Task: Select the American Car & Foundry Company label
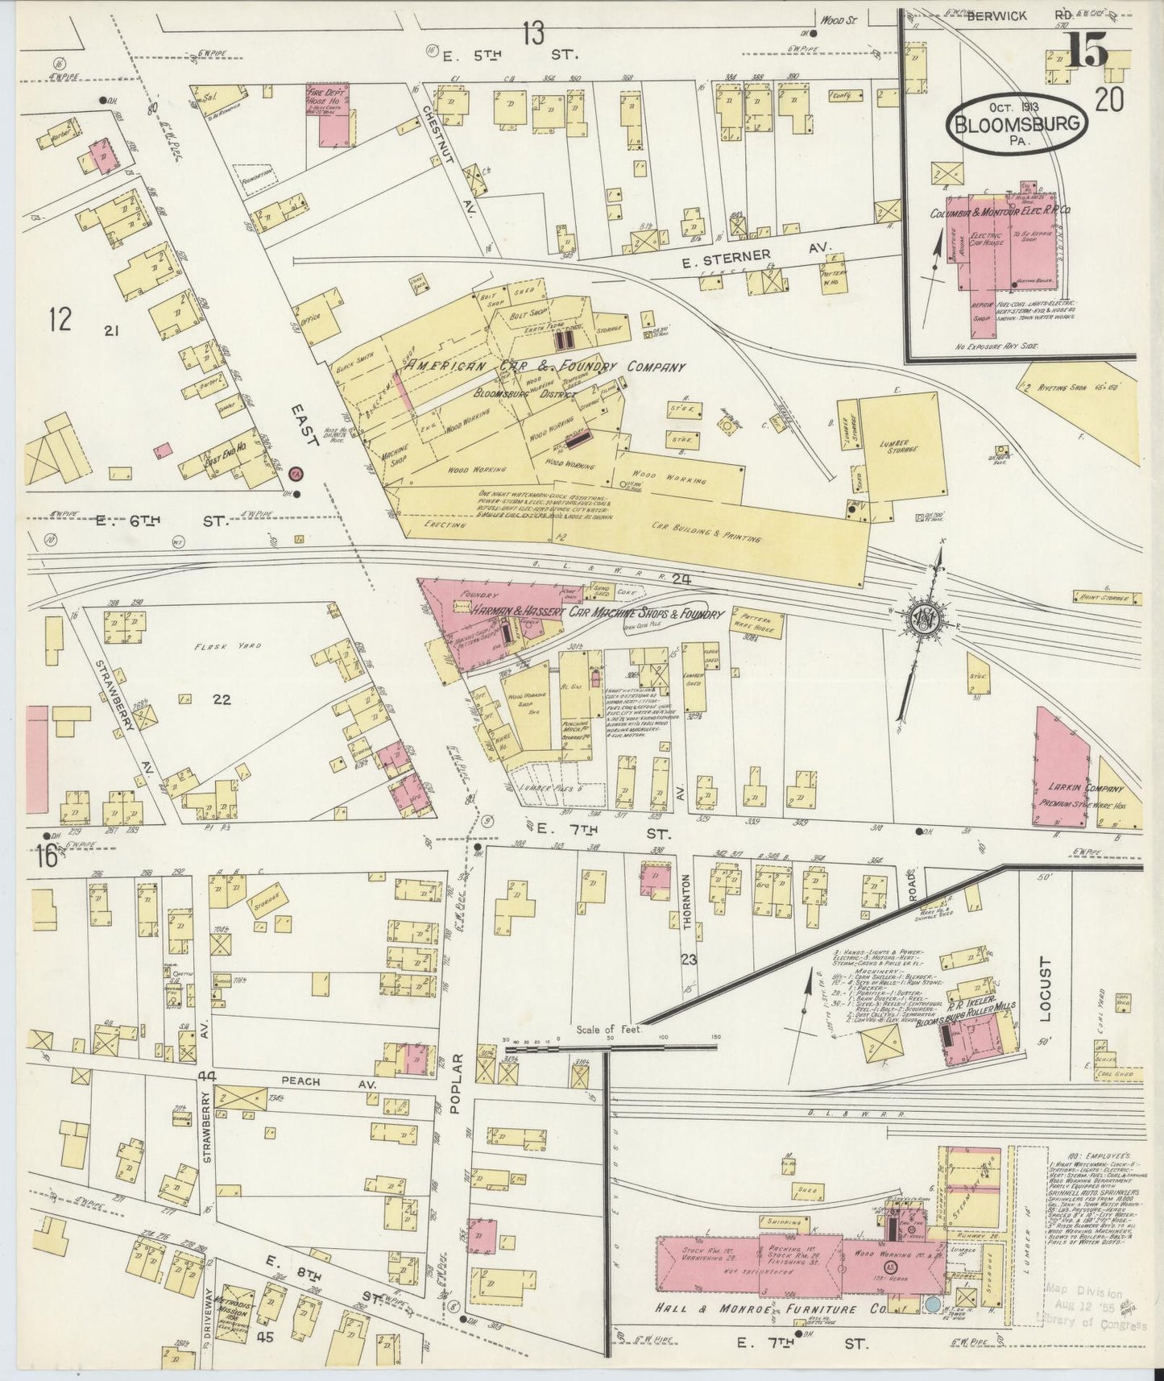pyautogui.click(x=545, y=367)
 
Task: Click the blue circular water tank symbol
pyautogui.click(x=932, y=1304)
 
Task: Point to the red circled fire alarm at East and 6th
pyautogui.click(x=296, y=473)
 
